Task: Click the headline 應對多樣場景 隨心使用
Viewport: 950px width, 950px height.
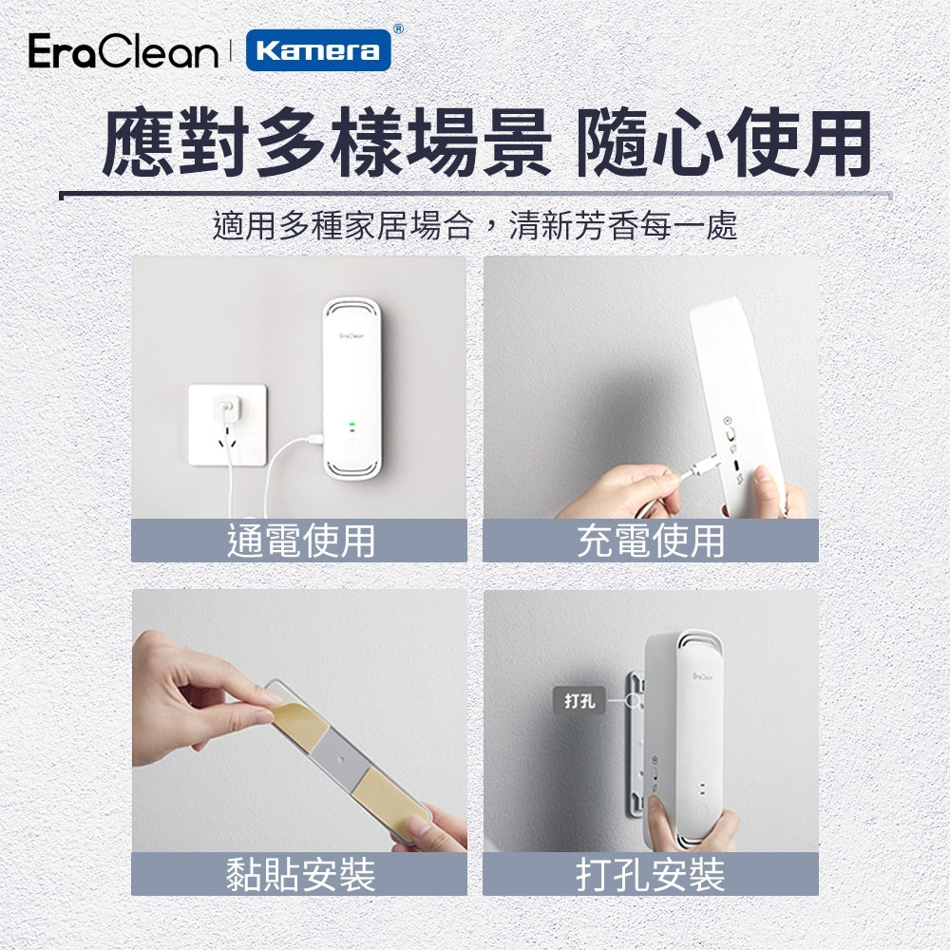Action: coord(485,145)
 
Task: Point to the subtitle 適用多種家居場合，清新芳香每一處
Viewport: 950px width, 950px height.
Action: coord(475,226)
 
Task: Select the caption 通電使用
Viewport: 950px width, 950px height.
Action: coord(300,541)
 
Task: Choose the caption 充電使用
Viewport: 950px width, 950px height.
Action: coord(651,541)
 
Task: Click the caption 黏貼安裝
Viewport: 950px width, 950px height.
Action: coord(300,874)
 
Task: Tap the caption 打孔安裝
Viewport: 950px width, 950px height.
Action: coord(651,874)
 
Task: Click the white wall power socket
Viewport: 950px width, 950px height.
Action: coord(227,423)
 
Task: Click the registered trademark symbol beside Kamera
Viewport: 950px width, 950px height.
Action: coord(398,29)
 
